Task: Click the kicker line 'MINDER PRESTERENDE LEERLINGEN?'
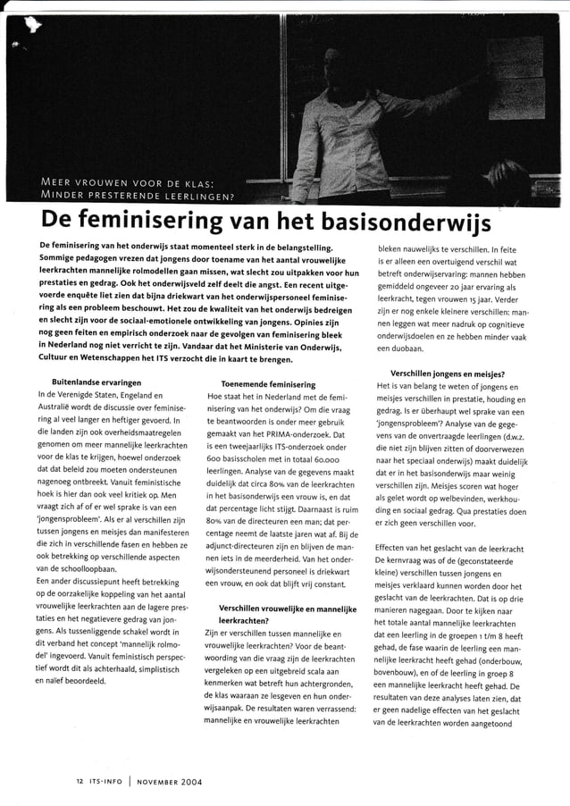(138, 197)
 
